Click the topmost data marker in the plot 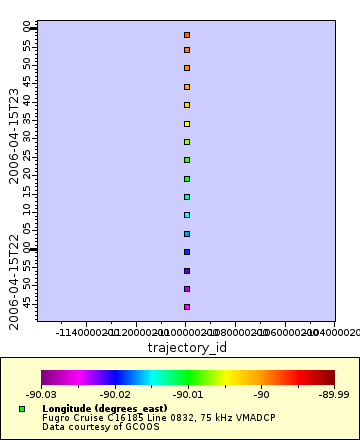tap(187, 35)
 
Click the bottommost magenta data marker tap(187, 307)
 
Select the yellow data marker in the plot tap(187, 124)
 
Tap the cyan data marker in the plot tap(187, 215)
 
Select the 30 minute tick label tap(28, 137)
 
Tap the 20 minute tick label tap(28, 174)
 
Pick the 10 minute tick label tap(28, 211)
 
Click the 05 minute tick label tap(28, 229)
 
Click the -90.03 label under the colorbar tap(41, 395)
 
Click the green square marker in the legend tap(22, 409)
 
